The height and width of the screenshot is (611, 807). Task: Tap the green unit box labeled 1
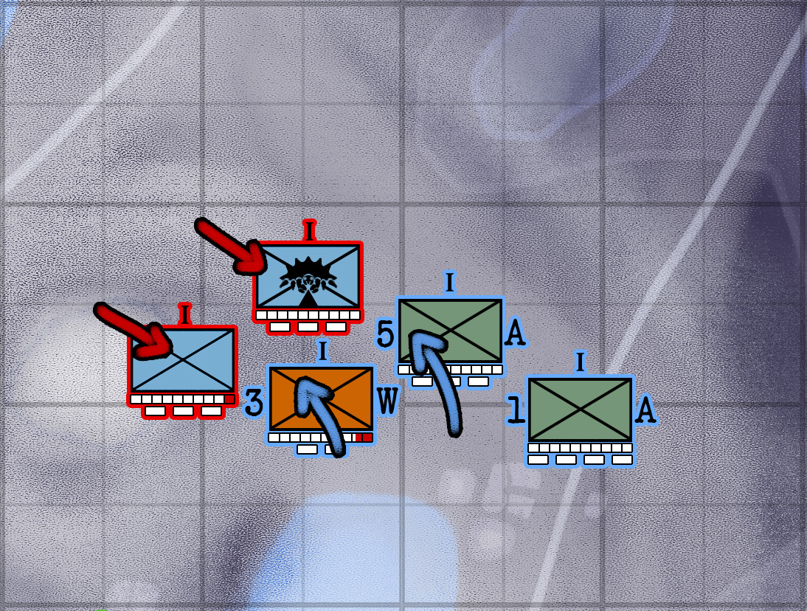click(x=581, y=410)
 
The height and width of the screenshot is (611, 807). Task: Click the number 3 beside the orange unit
click(x=253, y=403)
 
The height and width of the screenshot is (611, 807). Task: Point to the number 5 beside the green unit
click(x=385, y=334)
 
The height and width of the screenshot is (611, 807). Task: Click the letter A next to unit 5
click(x=515, y=334)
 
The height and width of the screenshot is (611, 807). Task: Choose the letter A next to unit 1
click(x=645, y=410)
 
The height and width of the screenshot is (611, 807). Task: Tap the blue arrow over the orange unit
click(x=321, y=413)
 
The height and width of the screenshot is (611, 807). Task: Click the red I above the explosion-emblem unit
click(x=309, y=230)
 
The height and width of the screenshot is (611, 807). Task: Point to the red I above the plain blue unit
click(x=184, y=314)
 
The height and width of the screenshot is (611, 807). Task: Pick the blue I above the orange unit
click(x=322, y=351)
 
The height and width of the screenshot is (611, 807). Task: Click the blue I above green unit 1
click(x=580, y=362)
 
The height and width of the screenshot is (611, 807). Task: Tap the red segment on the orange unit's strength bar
click(x=363, y=438)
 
